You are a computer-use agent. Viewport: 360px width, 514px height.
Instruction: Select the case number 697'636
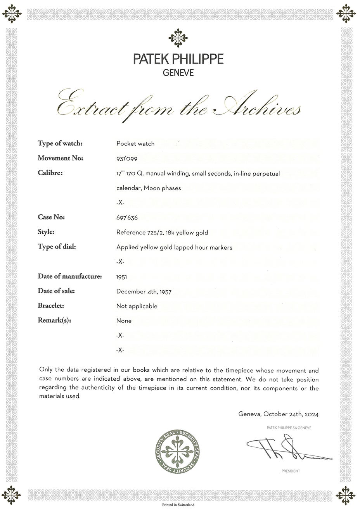tap(127, 217)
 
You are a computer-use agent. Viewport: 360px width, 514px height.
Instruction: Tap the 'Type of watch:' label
tap(60, 143)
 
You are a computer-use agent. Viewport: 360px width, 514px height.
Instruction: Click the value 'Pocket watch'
tap(135, 144)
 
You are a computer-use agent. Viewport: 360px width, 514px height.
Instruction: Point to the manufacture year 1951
tap(122, 277)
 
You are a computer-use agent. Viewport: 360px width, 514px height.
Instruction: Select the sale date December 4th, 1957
tap(144, 291)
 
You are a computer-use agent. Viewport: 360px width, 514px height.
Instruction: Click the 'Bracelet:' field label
tap(51, 306)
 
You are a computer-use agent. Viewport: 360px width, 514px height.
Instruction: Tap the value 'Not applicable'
tap(137, 306)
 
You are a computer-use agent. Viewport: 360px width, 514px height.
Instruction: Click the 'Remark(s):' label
tap(55, 321)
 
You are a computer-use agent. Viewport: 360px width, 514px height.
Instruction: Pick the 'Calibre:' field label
tap(50, 173)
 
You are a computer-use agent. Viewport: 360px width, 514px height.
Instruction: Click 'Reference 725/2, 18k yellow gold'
tap(162, 233)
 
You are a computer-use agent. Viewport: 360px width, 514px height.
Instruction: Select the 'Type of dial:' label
tap(57, 247)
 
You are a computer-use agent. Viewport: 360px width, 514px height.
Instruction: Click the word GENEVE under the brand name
tap(178, 73)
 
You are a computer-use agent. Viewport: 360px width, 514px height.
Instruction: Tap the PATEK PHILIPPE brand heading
tap(178, 59)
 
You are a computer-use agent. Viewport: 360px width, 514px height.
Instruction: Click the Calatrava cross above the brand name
tap(178, 38)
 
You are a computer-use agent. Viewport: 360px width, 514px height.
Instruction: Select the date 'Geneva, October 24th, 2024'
tap(279, 414)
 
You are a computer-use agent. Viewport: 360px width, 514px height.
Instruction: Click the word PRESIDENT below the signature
tap(291, 471)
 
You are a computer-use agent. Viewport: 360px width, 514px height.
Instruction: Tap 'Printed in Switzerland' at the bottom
tap(178, 505)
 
